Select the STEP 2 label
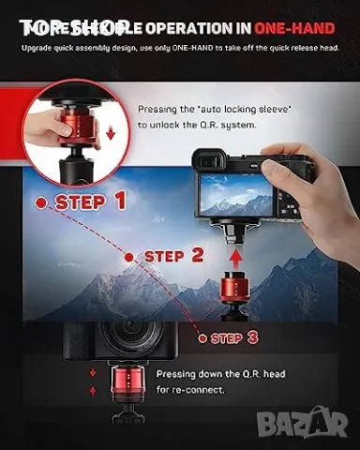point(172,255)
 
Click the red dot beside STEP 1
point(41,202)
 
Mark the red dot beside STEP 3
point(199,337)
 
